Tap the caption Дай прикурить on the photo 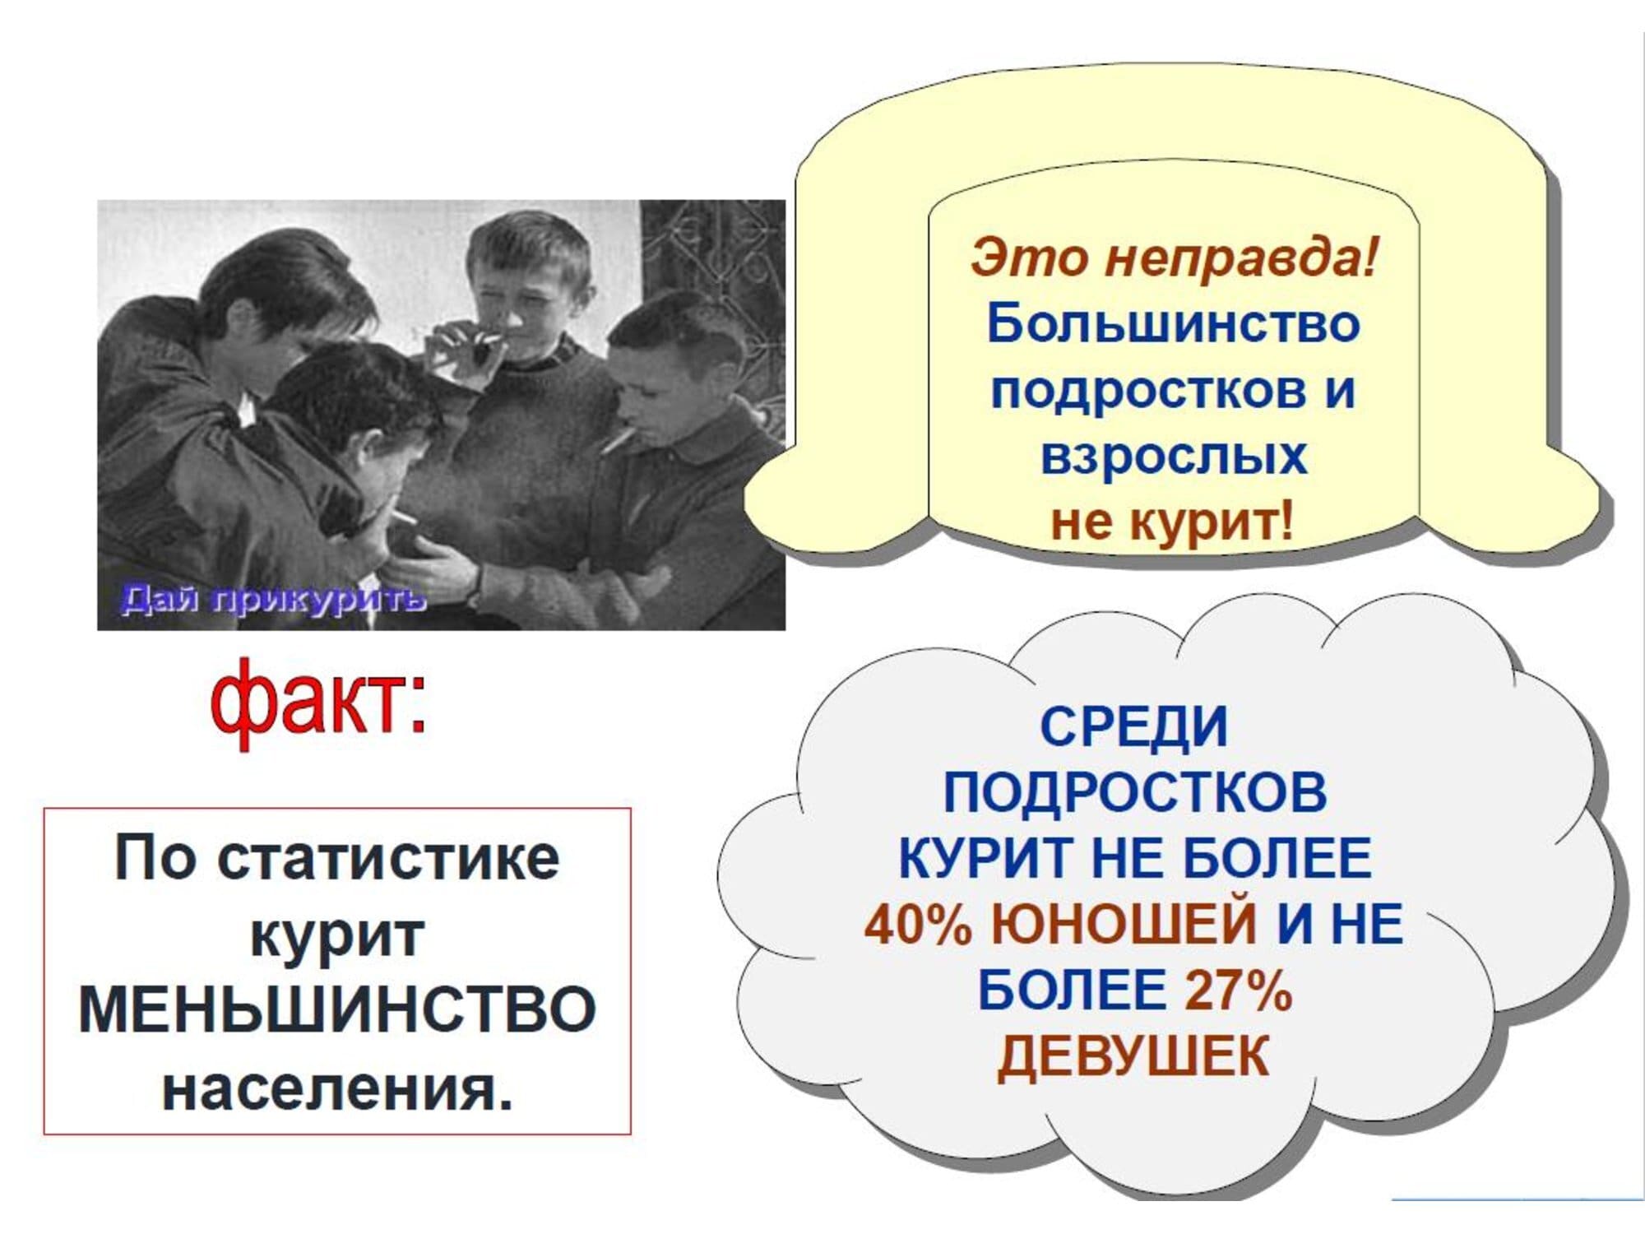274,599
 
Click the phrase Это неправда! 1174,257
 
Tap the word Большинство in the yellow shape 1173,323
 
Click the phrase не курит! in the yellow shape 1173,521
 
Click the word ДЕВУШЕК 1134,1055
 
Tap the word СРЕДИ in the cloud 1134,726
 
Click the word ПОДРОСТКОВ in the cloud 1135,792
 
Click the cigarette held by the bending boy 405,517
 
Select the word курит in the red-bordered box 337,936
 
